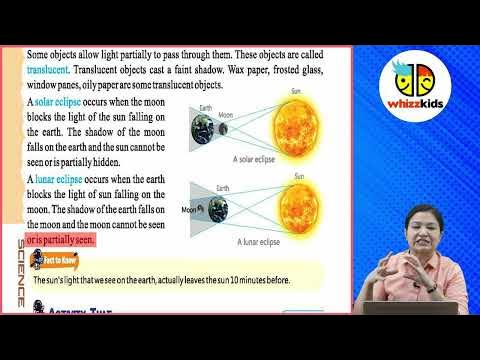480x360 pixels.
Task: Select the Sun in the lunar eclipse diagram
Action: [x=297, y=210]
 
